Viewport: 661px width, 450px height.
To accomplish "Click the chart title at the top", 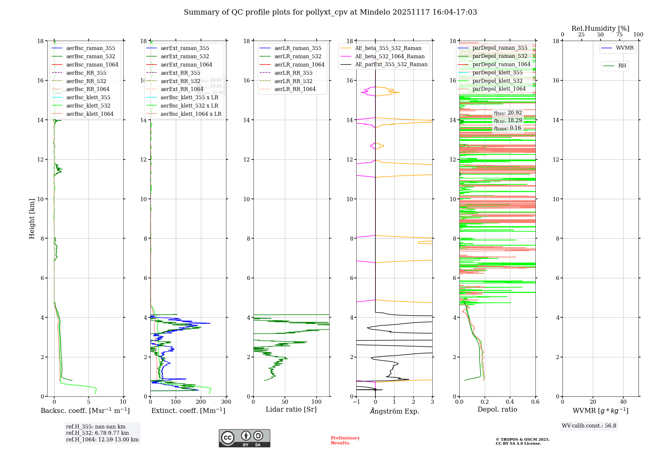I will pyautogui.click(x=330, y=12).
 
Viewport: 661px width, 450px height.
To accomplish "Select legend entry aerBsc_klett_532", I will pyautogui.click(x=88, y=106).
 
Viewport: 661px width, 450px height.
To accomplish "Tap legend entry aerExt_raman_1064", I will pyautogui.click(x=186, y=65).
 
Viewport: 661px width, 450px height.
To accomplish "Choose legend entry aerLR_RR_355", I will pyautogui.click(x=293, y=73).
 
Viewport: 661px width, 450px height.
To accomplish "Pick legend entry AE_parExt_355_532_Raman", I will pyautogui.click(x=391, y=65).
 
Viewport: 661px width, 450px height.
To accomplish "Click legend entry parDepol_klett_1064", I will pyautogui.click(x=499, y=89).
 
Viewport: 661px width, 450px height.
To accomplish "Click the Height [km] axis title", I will pyautogui.click(x=32, y=218).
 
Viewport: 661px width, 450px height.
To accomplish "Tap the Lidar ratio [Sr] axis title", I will pyautogui.click(x=291, y=409).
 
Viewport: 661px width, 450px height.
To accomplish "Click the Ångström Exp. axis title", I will pyautogui.click(x=394, y=411).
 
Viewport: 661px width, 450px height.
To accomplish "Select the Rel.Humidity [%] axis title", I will pyautogui.click(x=600, y=28).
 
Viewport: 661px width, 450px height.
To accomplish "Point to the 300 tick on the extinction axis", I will pyautogui.click(x=226, y=402).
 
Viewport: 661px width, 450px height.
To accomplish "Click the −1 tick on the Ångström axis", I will pyautogui.click(x=356, y=402).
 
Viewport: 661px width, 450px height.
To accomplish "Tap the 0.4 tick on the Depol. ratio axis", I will pyautogui.click(x=510, y=402).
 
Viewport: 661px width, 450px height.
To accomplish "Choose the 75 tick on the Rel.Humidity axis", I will pyautogui.click(x=619, y=35).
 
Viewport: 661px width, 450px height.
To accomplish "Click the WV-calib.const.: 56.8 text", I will pyautogui.click(x=589, y=426).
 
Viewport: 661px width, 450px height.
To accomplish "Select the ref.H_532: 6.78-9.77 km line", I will pyautogui.click(x=97, y=433).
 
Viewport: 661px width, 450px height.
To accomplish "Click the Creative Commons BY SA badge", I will pyautogui.click(x=244, y=438).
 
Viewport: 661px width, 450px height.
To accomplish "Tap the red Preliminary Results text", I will pyautogui.click(x=345, y=440).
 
